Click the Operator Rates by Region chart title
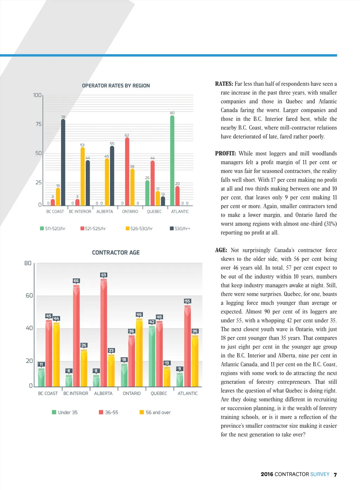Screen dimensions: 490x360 [116, 85]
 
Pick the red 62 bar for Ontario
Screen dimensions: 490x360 [127, 171]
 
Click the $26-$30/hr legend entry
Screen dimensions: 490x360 [139, 229]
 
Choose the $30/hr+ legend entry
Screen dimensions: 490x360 [180, 229]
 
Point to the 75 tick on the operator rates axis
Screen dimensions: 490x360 [38, 124]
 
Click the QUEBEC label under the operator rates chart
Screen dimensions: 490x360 [154, 212]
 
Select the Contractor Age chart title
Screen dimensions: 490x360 [116, 253]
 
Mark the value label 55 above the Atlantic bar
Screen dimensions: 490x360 [187, 301]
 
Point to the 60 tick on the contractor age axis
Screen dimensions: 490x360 [29, 295]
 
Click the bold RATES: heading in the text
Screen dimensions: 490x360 [224, 84]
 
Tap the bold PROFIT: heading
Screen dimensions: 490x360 [225, 153]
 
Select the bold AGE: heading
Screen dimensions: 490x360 [221, 250]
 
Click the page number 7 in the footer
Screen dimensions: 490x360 [335, 475]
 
